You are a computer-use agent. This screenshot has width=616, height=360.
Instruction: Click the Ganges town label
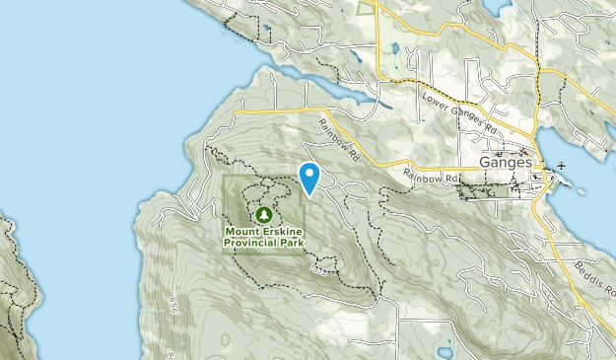pos(506,162)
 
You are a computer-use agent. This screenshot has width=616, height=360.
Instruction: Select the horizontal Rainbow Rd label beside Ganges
pos(432,178)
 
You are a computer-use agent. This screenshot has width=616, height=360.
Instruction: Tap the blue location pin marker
pos(310,178)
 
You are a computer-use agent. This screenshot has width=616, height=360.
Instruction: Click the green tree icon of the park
pos(263,213)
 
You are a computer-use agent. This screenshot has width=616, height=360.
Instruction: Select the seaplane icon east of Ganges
pos(561,164)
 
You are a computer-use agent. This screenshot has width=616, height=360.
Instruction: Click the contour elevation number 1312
pos(317,267)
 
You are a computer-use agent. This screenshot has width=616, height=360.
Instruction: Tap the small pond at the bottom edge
pos(445,352)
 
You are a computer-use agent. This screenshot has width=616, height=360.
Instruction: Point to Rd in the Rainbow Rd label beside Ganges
pos(453,178)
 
